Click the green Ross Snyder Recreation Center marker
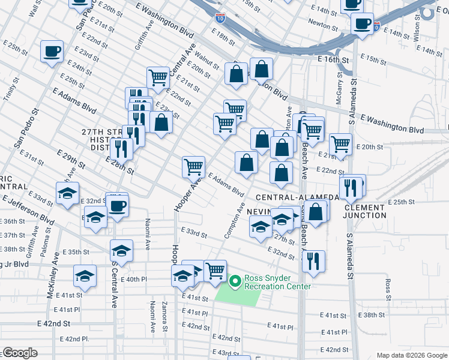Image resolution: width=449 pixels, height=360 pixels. click(x=235, y=280)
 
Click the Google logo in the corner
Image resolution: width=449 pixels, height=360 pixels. click(x=20, y=353)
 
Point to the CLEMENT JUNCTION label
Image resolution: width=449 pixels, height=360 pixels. click(x=365, y=211)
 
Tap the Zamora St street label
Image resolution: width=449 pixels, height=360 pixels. click(x=164, y=316)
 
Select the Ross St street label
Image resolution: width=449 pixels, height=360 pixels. click(x=388, y=289)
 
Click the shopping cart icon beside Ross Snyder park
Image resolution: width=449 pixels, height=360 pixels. click(x=215, y=270)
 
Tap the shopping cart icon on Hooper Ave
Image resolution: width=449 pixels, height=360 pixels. click(x=193, y=166)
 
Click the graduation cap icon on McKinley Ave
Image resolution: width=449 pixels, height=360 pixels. click(x=85, y=276)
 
